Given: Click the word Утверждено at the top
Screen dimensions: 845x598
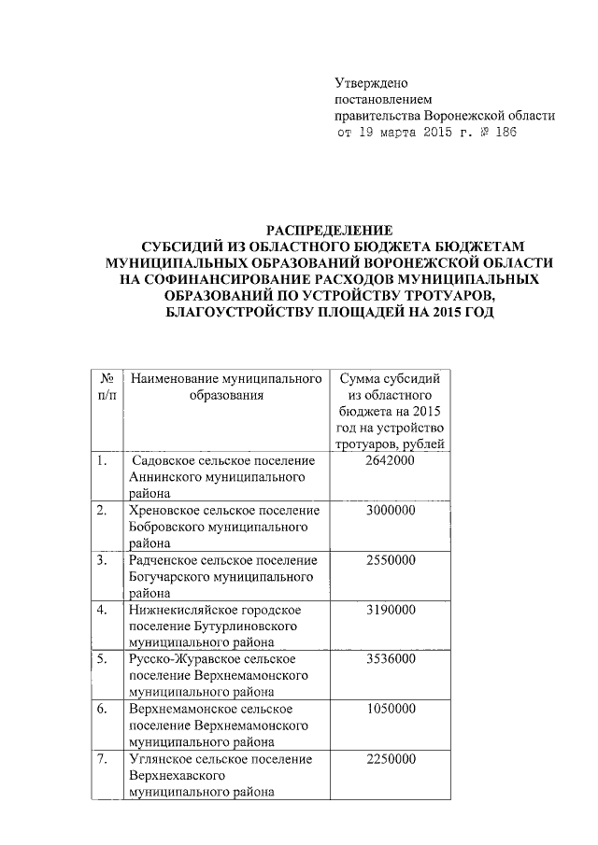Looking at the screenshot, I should (x=371, y=84).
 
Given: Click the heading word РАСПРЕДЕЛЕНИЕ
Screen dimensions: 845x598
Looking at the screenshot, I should (x=330, y=230).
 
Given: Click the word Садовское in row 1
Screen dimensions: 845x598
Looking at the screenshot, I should (x=168, y=461).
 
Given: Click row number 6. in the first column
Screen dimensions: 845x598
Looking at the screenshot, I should (x=102, y=708).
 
